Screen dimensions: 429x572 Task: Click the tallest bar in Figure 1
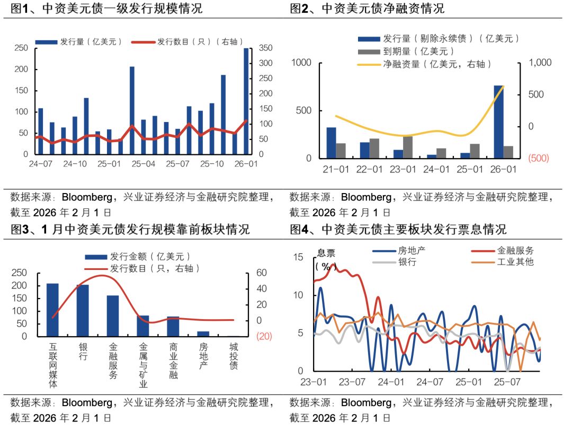pyautogui.click(x=246, y=101)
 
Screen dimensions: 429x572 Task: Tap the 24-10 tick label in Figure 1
pyautogui.click(x=75, y=164)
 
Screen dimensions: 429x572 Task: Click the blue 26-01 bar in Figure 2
pyautogui.click(x=499, y=122)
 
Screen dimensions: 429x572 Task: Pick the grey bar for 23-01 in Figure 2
pyautogui.click(x=407, y=147)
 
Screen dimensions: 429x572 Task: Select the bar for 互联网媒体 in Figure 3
pyautogui.click(x=52, y=310)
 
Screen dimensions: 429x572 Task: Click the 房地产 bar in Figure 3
pyautogui.click(x=203, y=334)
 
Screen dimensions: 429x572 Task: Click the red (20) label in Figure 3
pyautogui.click(x=264, y=336)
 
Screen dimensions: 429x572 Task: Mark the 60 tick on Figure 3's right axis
pyautogui.click(x=263, y=273)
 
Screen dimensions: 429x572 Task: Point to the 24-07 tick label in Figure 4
pyautogui.click(x=430, y=381)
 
